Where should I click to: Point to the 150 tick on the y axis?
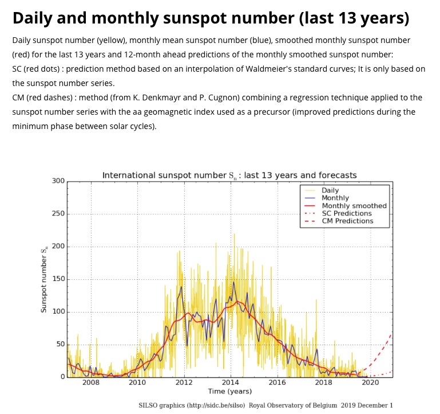59,279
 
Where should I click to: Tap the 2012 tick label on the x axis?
184,382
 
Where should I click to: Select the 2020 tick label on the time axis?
370,382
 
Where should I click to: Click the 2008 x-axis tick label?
90,382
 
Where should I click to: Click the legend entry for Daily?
330,190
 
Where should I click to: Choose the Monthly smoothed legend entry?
354,205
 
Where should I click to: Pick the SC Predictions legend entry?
347,213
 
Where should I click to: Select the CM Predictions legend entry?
347,221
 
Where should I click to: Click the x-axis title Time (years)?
229,391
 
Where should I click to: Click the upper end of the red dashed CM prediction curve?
392,334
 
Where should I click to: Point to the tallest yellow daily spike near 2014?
233,235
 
